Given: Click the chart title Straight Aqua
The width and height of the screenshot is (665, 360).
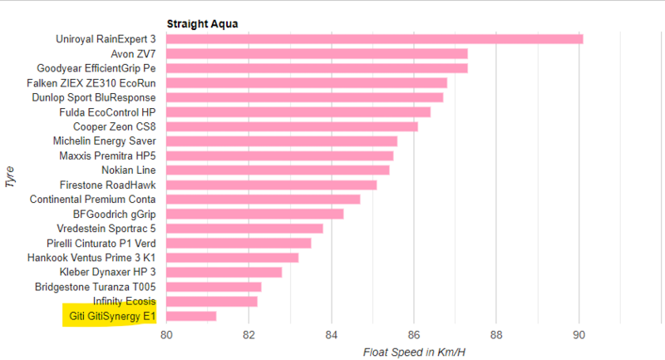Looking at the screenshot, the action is click(x=202, y=24).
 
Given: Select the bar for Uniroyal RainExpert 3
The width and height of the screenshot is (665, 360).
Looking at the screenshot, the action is click(x=375, y=39).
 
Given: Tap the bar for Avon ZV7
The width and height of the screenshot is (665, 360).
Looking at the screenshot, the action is click(x=317, y=54).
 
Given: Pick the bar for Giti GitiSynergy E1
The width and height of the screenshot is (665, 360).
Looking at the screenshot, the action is click(x=191, y=316).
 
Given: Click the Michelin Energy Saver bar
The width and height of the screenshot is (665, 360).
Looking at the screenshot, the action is click(x=282, y=141).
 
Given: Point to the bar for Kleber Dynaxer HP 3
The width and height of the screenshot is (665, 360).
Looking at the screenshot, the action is click(x=224, y=272).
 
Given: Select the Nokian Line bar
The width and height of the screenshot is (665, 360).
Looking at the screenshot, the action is click(x=278, y=170).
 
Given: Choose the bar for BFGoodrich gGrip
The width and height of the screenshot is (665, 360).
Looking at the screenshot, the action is click(x=255, y=215).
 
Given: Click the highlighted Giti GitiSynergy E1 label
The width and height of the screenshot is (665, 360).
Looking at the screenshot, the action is click(x=112, y=316).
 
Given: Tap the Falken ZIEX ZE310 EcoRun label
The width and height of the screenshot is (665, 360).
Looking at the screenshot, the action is click(x=91, y=83).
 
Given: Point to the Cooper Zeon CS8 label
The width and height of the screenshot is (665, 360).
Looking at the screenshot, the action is click(x=115, y=126).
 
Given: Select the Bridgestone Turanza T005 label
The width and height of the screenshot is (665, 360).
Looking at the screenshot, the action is click(x=96, y=287).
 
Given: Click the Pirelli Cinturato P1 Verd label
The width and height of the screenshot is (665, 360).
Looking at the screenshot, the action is click(x=101, y=244).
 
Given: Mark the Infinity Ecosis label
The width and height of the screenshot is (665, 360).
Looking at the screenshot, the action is click(x=124, y=301).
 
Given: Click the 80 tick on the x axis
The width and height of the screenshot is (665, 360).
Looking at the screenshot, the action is click(x=166, y=335).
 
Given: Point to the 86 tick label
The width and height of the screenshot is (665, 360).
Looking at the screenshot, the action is click(x=414, y=335).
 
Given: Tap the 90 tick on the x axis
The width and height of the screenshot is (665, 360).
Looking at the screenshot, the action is click(x=579, y=335).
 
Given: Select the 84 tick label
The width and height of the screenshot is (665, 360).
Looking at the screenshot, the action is click(x=331, y=335).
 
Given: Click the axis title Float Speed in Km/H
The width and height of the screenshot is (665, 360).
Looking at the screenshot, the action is click(x=414, y=353).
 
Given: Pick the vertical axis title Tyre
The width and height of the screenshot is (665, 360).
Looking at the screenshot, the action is click(x=10, y=177).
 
